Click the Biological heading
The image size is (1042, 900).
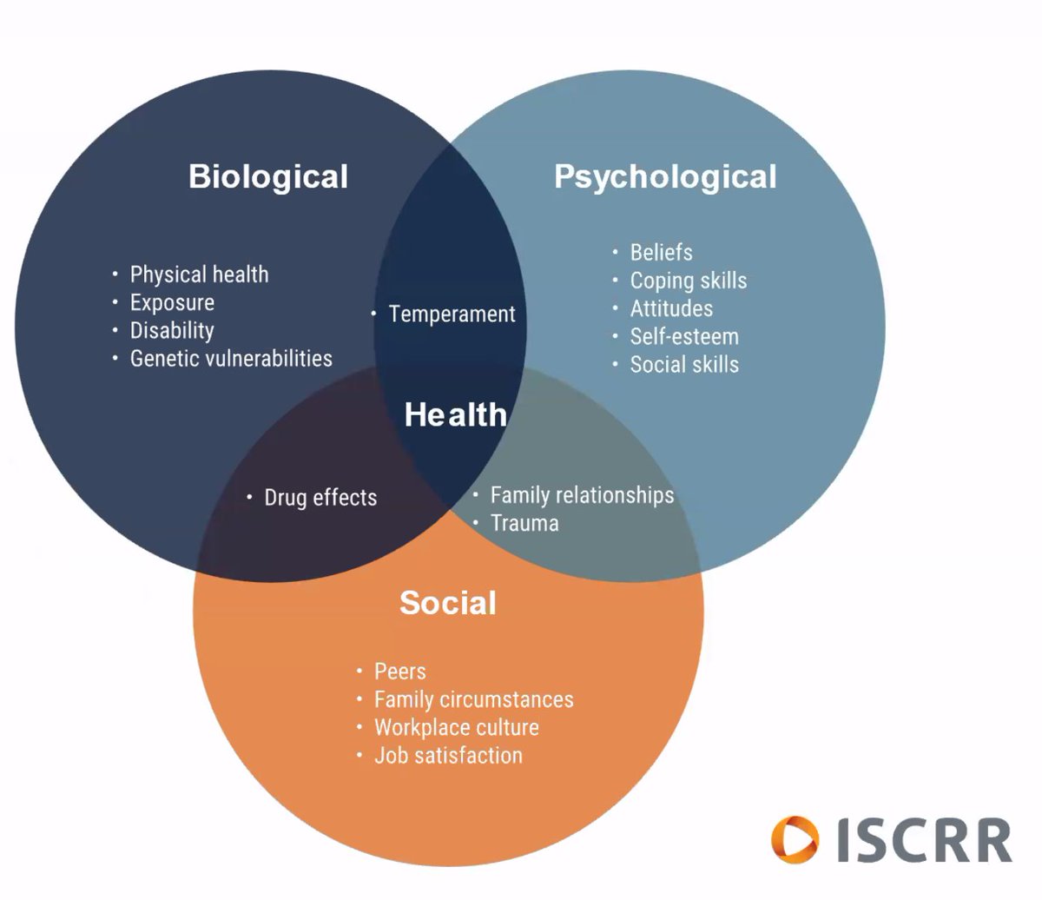point(268,176)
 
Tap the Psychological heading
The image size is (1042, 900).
point(665,176)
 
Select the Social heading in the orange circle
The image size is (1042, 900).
point(448,603)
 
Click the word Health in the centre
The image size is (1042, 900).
point(456,415)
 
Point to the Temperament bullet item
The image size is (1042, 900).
point(452,314)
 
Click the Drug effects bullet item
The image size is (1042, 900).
point(320,498)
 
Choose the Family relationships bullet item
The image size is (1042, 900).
point(582,495)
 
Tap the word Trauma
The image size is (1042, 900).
point(524,523)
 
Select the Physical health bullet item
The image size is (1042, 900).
point(199,275)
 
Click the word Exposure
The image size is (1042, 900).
point(172,302)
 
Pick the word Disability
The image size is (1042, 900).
point(172,330)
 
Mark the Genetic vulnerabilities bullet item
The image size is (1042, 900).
point(231,358)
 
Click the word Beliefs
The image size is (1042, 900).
point(661,253)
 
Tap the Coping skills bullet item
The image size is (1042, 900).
point(688,281)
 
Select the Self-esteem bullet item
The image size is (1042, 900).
point(684,336)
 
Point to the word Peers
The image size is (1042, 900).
point(399,672)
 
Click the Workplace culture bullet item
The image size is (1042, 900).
point(456,727)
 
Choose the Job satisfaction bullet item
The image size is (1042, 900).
point(448,755)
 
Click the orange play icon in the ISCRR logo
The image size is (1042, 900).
point(795,840)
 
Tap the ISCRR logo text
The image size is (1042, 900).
point(924,840)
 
